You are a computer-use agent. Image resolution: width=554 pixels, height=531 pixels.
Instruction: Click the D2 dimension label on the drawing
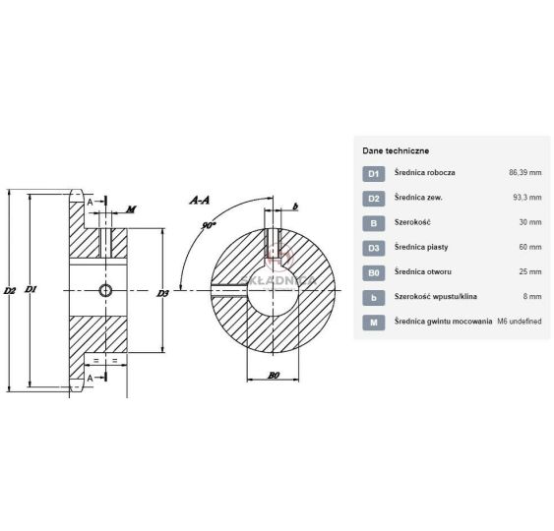pyautogui.click(x=10, y=290)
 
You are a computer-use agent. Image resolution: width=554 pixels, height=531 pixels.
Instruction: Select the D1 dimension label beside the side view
pyautogui.click(x=31, y=289)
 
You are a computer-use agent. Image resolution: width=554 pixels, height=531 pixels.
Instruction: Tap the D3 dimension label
pyautogui.click(x=163, y=293)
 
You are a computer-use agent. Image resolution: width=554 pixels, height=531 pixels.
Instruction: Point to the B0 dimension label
pyautogui.click(x=274, y=375)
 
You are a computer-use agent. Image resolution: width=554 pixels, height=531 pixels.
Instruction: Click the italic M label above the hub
pyautogui.click(x=131, y=209)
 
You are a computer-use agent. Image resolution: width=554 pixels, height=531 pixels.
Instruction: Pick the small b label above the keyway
pyautogui.click(x=296, y=206)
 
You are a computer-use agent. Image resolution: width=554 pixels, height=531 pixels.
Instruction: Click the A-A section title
pyautogui.click(x=200, y=201)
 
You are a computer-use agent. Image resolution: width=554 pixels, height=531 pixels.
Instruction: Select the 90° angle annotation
pyautogui.click(x=209, y=225)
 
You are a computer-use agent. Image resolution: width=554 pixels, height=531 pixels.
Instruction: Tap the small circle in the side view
pyautogui.click(x=105, y=290)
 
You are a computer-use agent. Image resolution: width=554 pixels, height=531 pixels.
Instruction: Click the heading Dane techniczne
pyautogui.click(x=396, y=150)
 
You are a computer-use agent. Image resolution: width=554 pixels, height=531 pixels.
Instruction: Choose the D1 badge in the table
pyautogui.click(x=374, y=174)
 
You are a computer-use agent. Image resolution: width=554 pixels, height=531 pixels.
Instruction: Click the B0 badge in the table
pyautogui.click(x=374, y=273)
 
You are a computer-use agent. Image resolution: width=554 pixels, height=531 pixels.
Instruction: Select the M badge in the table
pyautogui.click(x=374, y=323)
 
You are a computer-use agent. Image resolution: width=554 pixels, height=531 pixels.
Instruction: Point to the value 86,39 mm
pyautogui.click(x=525, y=173)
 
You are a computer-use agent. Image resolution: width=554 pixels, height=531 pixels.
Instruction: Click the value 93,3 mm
pyautogui.click(x=527, y=198)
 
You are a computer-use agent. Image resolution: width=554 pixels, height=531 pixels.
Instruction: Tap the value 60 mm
pyautogui.click(x=530, y=247)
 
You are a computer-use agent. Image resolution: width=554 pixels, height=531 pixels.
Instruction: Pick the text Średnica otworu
pyautogui.click(x=423, y=271)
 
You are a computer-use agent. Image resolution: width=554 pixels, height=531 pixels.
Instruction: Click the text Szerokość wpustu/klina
pyautogui.click(x=436, y=296)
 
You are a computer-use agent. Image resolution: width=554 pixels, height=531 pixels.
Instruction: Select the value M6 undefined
pyautogui.click(x=520, y=322)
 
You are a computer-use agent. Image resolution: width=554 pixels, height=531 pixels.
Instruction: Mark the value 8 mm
pyautogui.click(x=532, y=296)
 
